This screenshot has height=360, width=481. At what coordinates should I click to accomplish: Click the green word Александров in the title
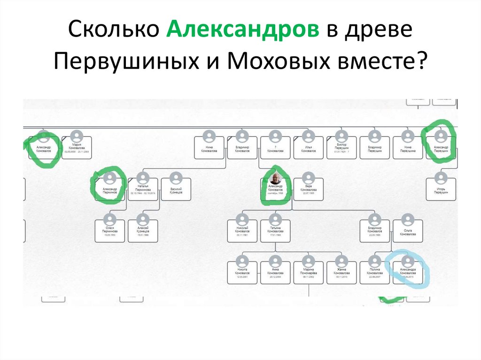241,31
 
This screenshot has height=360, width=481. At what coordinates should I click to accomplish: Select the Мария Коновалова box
77,146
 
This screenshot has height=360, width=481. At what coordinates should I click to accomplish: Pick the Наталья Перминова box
143,188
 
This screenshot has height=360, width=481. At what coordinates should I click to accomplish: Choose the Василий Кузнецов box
176,188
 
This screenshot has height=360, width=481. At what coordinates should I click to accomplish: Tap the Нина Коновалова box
209,146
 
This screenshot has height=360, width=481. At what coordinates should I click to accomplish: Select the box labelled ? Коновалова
275,146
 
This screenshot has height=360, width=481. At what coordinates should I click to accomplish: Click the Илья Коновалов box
309,146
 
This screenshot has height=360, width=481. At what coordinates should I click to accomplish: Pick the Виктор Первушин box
341,146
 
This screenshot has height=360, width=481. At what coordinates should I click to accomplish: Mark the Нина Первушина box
408,146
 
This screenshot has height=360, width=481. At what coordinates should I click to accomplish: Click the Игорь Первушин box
441,188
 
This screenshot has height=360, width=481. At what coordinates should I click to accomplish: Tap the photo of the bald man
276,178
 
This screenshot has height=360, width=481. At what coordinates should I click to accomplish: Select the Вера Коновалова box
309,188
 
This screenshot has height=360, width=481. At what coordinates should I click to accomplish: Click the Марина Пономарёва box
309,271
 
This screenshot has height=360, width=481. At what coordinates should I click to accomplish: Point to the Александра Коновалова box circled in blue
408,271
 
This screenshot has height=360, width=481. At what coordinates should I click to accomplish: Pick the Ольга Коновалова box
408,230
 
